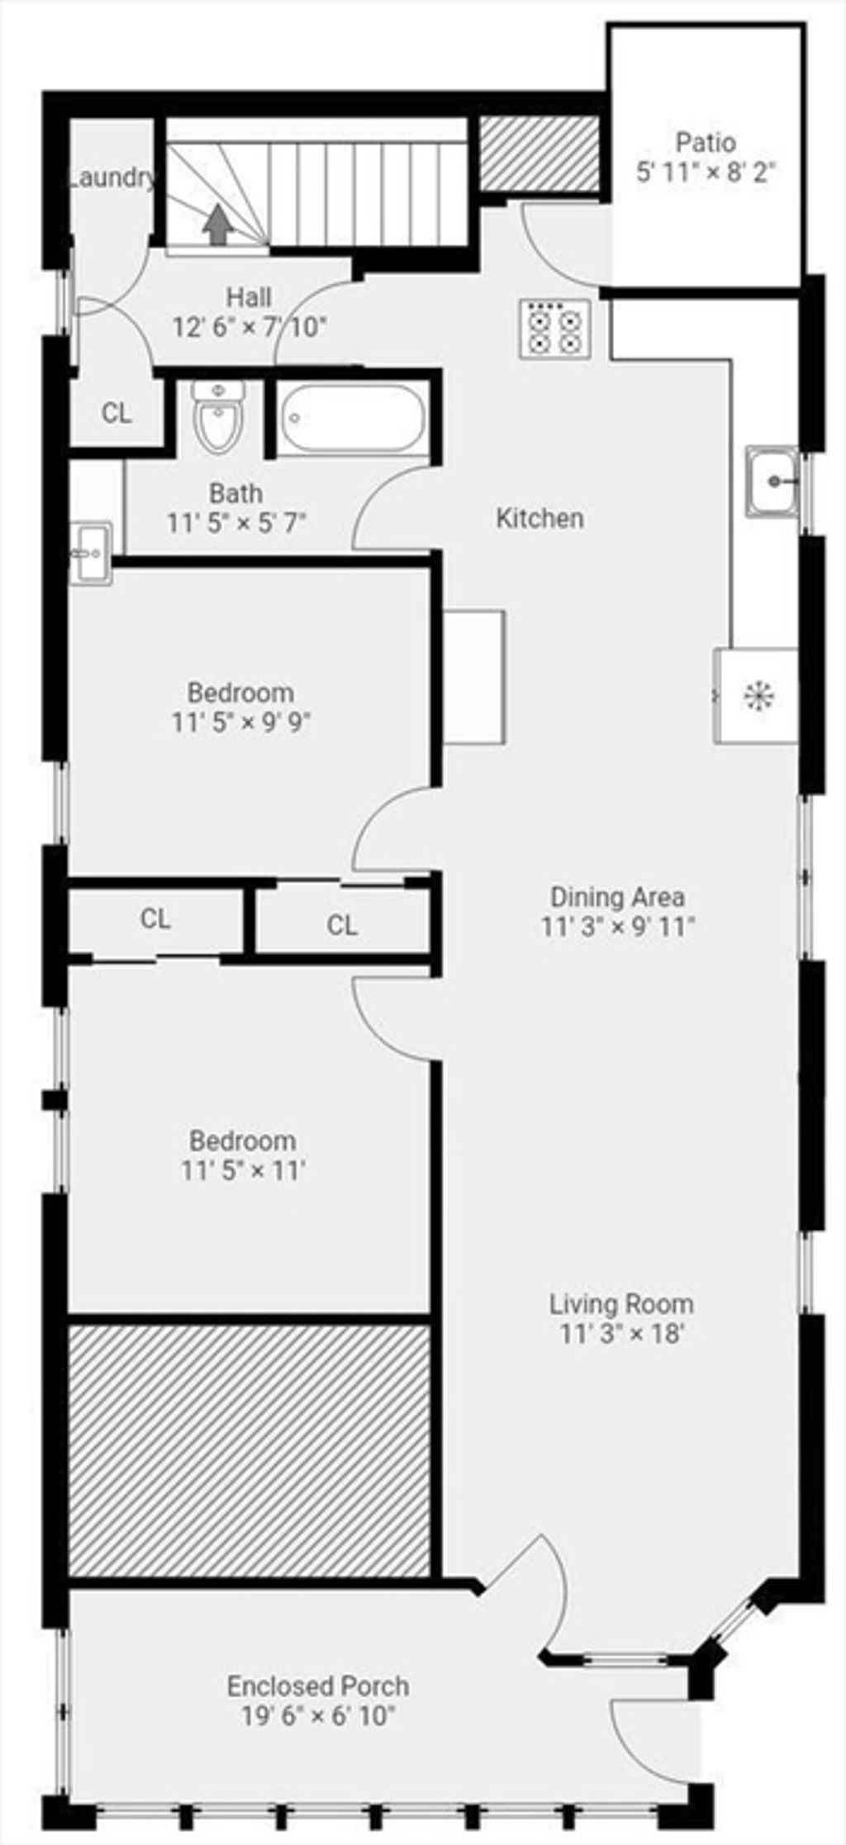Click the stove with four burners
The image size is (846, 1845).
click(x=555, y=328)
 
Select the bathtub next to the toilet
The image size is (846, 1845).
click(x=354, y=418)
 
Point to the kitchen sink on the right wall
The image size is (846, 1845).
click(x=772, y=481)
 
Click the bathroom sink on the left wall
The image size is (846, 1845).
click(x=91, y=553)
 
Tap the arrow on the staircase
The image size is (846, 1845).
click(x=217, y=225)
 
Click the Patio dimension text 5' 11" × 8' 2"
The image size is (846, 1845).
click(x=707, y=173)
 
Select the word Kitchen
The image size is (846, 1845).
click(x=539, y=519)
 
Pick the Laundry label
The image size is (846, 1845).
click(x=111, y=178)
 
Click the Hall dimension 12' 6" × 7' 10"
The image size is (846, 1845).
click(x=250, y=327)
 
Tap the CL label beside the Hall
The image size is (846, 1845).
click(x=116, y=413)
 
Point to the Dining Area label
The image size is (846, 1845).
click(x=617, y=896)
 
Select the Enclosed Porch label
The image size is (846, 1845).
click(x=318, y=1686)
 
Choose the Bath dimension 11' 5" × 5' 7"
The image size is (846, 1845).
click(x=237, y=523)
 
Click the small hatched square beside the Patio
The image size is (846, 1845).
click(x=539, y=153)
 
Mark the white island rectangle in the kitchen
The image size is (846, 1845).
click(x=474, y=677)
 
